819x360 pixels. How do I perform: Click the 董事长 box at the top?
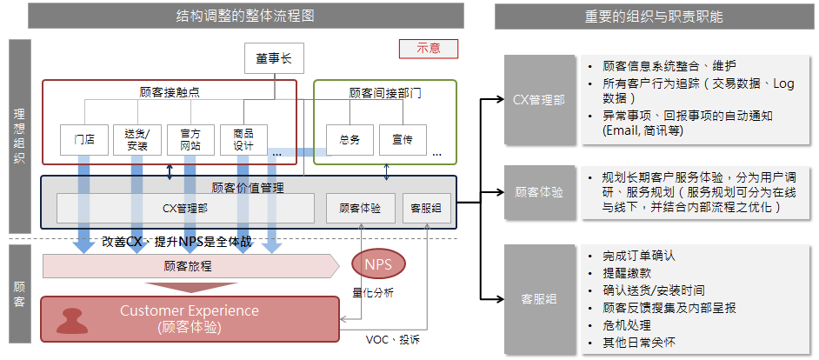pyautogui.click(x=274, y=59)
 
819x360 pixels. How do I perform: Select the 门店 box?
pyautogui.click(x=84, y=139)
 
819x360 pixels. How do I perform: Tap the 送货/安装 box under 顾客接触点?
pyautogui.click(x=136, y=139)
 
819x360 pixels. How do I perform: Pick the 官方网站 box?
pyautogui.click(x=190, y=139)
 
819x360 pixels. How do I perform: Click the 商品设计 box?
pyautogui.click(x=243, y=139)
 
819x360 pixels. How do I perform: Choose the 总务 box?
pyautogui.click(x=350, y=139)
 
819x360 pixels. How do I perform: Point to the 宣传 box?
pyautogui.click(x=402, y=139)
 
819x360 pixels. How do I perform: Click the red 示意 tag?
pyautogui.click(x=429, y=49)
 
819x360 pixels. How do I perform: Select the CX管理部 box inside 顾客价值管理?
pyautogui.click(x=185, y=208)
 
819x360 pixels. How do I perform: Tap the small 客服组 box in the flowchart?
pyautogui.click(x=426, y=208)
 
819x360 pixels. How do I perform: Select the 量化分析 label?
pyautogui.click(x=373, y=293)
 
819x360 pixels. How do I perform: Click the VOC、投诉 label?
pyautogui.click(x=393, y=339)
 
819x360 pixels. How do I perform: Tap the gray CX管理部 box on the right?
pyautogui.click(x=539, y=100)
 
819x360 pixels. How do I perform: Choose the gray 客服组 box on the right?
pyautogui.click(x=539, y=299)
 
